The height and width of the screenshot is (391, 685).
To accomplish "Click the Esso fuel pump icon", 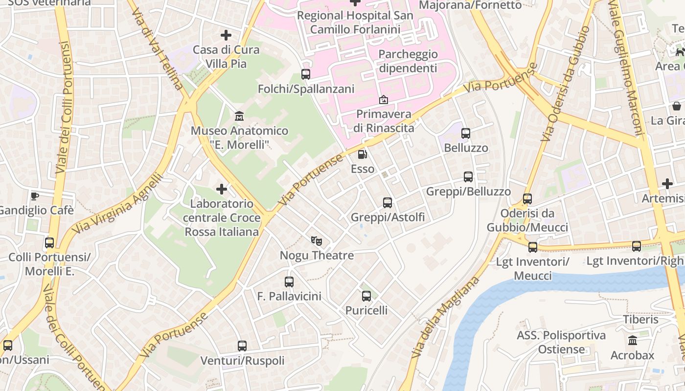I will tap(362, 154).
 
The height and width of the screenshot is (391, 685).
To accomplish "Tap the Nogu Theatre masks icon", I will tap(317, 240).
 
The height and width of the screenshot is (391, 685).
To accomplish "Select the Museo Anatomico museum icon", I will tap(239, 116).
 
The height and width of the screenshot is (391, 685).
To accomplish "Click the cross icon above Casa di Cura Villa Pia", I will tap(226, 35).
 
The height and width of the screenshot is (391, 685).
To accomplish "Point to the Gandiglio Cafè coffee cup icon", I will tap(35, 196).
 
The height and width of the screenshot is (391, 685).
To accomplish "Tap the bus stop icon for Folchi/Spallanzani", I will tap(306, 74).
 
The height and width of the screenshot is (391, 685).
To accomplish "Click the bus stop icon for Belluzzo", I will tap(466, 133).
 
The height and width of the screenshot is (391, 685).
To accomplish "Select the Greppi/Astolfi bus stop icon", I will tap(388, 202).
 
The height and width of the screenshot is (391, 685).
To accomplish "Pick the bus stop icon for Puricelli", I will tap(366, 296).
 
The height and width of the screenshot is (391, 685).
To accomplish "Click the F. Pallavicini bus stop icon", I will tap(289, 282).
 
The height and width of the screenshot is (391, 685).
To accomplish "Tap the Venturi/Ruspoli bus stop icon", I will tap(242, 346).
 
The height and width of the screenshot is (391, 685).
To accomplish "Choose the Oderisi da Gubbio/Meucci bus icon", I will tap(527, 199).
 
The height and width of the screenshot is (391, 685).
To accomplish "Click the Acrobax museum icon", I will tap(632, 340).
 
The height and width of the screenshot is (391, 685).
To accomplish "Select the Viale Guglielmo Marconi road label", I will tap(626, 68).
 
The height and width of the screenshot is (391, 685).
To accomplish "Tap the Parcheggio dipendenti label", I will tap(408, 61).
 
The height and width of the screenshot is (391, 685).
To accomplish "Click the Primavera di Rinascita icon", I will tap(384, 100).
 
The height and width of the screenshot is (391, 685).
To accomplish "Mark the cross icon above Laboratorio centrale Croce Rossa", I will tap(222, 189).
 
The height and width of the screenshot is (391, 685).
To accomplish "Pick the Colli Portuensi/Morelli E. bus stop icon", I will tap(49, 242).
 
